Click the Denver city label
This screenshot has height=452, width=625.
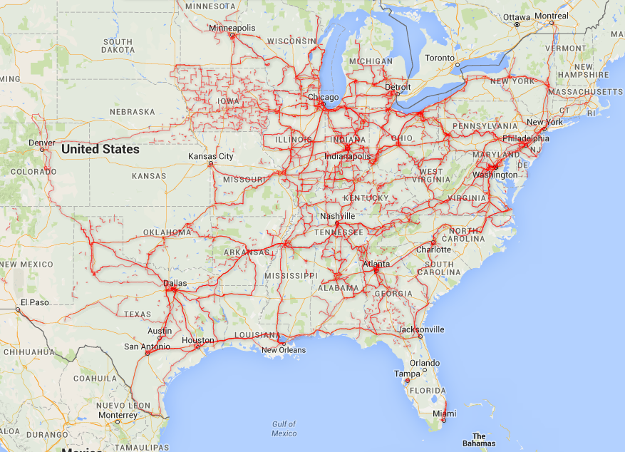point(42,142)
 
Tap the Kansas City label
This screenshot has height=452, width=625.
point(210,156)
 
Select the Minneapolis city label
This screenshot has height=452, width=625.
point(232,28)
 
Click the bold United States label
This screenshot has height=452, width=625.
point(100,150)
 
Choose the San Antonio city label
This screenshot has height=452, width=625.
point(148,346)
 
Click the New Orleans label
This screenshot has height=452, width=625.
point(283,350)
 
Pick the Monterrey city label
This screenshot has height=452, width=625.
point(118,415)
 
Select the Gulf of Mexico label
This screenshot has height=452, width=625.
point(284,428)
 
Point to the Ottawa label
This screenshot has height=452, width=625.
point(517,16)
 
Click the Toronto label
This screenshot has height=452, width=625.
point(439,58)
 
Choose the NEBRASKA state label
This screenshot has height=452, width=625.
point(132,112)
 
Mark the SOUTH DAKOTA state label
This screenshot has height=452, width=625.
point(118,46)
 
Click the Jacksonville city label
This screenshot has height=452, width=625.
point(421,329)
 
